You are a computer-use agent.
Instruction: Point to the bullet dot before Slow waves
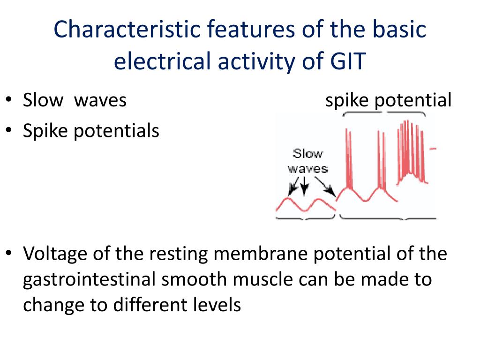[x=9, y=101]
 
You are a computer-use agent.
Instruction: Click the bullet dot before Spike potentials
[x=9, y=131]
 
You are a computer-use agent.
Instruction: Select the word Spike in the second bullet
[x=45, y=131]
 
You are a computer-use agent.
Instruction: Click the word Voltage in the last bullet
[x=55, y=254]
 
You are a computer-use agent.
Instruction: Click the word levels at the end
[x=217, y=305]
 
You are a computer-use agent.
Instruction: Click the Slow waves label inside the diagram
[x=307, y=161]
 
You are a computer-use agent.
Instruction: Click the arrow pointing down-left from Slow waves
[x=294, y=186]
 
